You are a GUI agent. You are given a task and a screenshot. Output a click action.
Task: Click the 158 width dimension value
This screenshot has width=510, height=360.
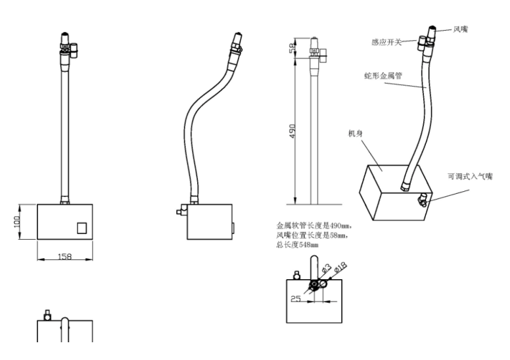[64, 257]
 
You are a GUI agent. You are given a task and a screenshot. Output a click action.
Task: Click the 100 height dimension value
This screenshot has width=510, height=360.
[17, 222]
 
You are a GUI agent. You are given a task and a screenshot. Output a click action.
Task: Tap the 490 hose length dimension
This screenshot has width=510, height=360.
[292, 131]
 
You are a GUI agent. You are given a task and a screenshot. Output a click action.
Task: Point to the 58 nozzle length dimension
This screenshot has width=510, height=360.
[292, 48]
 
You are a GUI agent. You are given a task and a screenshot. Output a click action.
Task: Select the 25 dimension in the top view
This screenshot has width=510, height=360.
[296, 298]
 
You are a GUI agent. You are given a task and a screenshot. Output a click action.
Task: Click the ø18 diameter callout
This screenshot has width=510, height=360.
[340, 267]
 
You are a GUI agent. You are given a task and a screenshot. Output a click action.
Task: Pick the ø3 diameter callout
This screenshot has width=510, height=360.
[326, 268]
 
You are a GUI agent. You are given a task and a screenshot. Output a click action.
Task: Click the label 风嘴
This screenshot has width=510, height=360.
[461, 30]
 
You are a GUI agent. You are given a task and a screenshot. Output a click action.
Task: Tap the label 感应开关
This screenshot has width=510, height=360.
[386, 42]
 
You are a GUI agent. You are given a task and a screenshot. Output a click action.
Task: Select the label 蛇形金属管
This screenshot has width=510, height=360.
[383, 76]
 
